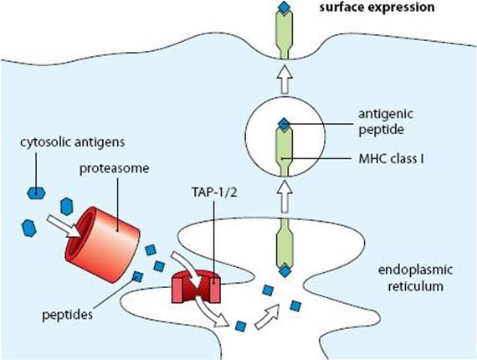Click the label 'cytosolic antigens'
coord(73,142)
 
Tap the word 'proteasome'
coord(115,168)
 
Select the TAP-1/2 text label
coord(214,192)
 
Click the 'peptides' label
coord(67,315)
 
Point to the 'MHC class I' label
coord(391,159)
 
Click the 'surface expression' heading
coord(377,7)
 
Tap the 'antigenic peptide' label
coord(386,121)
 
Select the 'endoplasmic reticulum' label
coord(415,278)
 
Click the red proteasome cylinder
coord(102,244)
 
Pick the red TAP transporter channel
coord(196,286)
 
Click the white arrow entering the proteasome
coord(64,226)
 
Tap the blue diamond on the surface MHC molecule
coord(285,8)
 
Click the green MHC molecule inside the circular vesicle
coord(285,152)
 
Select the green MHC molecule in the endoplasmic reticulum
coord(285,243)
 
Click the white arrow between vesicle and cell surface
coord(285,79)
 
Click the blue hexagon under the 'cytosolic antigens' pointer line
coord(37,193)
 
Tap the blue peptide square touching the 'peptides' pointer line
coord(137,277)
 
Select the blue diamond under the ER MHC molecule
coord(285,270)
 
